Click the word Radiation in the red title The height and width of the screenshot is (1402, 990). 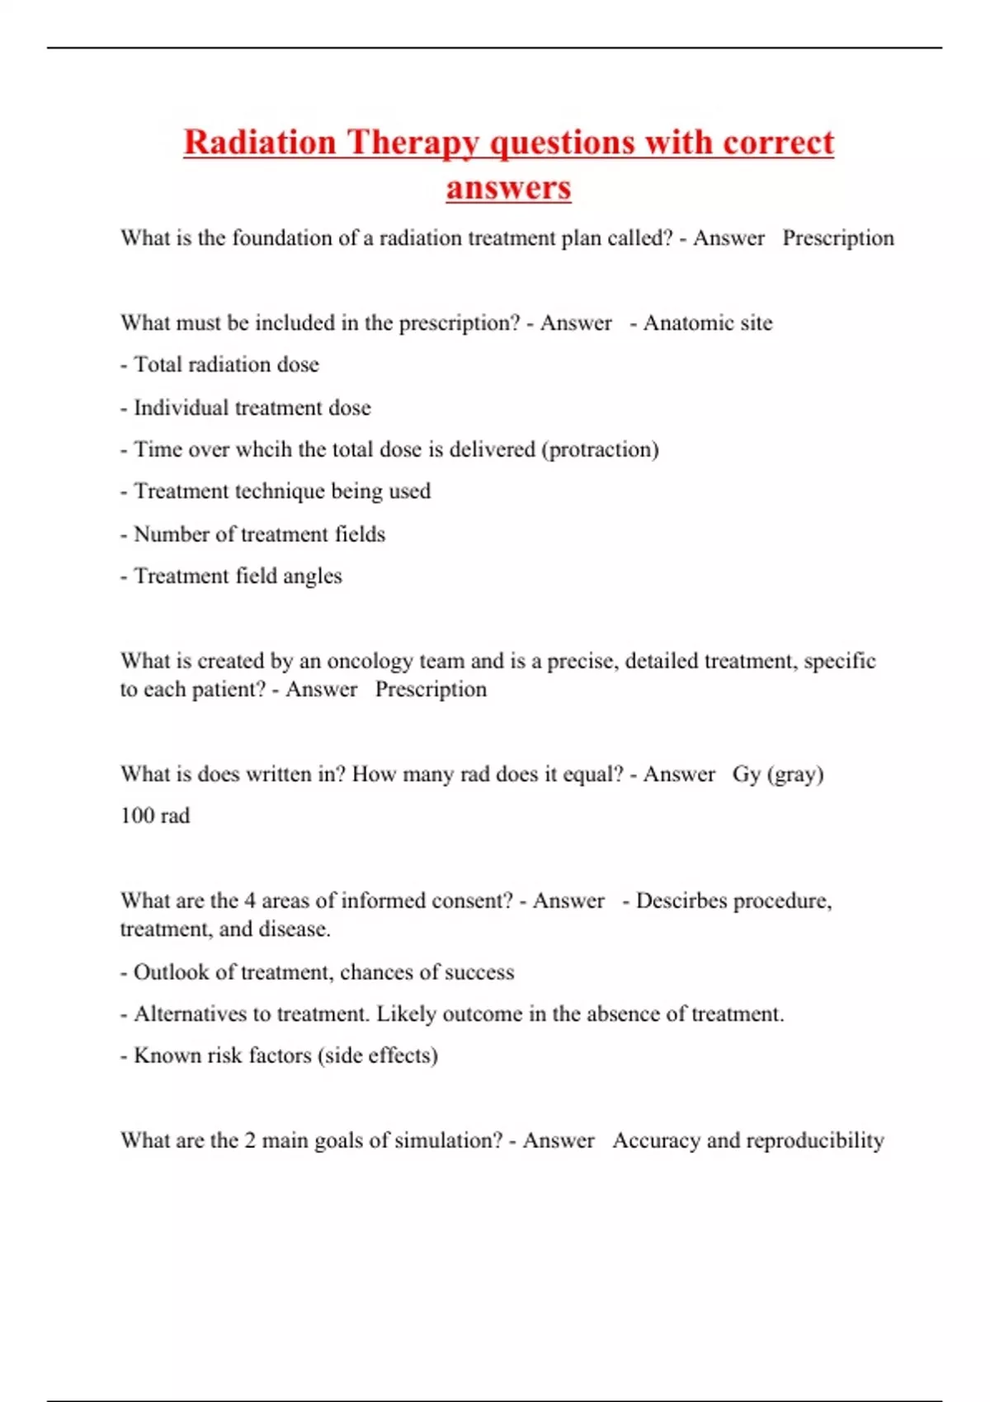259,142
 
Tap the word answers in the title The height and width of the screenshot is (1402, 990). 508,187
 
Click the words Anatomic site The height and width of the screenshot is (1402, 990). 708,322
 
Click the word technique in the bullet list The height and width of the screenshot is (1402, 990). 284,492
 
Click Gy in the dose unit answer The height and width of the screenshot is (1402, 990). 746,774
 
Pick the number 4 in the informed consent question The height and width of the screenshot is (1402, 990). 250,901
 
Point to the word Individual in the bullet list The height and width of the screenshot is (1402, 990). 181,407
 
